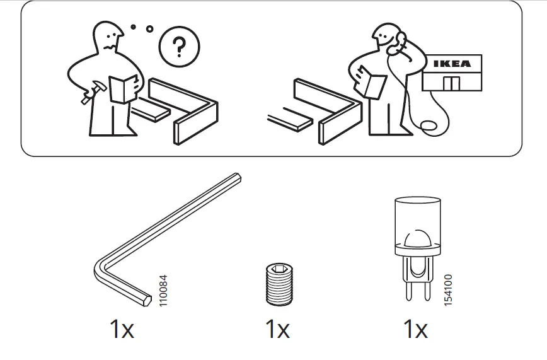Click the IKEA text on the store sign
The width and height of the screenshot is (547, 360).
coord(451,64)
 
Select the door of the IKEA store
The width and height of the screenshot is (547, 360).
coord(451,83)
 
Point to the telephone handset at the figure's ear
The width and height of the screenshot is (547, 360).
coord(398,43)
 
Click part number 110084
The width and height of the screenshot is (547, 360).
coord(164,291)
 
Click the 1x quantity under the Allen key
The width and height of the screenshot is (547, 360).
coord(122,329)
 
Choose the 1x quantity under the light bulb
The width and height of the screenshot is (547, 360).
coord(415,329)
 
